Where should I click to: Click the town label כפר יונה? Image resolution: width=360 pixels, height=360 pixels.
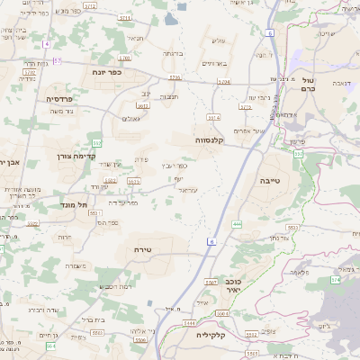106,72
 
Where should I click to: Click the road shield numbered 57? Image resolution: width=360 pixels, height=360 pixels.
58,59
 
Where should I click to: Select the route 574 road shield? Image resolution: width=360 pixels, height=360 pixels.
335,280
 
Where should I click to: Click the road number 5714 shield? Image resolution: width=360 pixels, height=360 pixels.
213,117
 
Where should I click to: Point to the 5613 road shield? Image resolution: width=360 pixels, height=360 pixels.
142,105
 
